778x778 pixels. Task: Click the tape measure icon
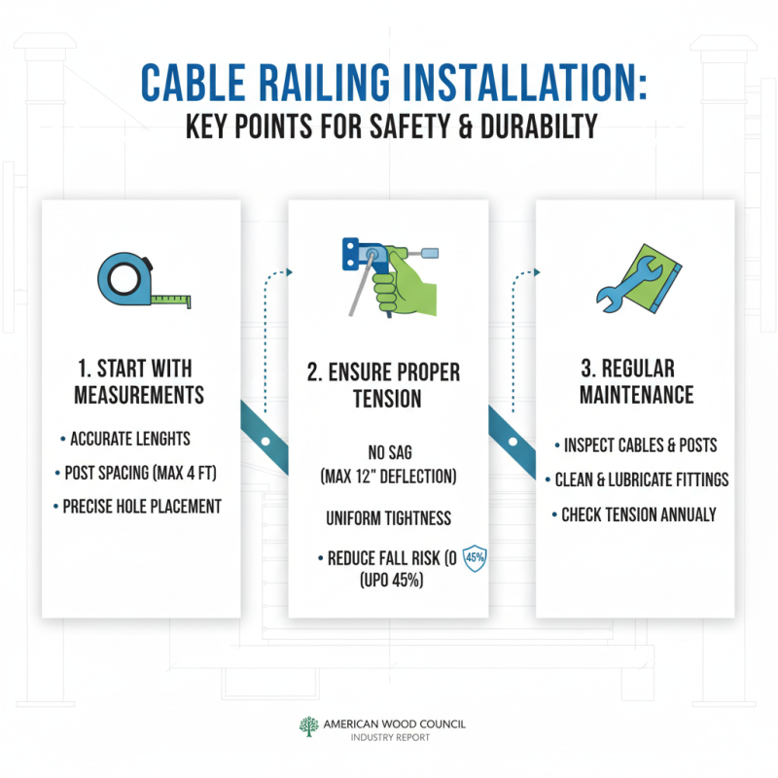[x=143, y=282]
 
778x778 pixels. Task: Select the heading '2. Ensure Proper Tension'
[x=388, y=386]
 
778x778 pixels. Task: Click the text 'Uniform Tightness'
[x=388, y=518]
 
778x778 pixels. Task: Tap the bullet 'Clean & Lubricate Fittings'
[x=642, y=479]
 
